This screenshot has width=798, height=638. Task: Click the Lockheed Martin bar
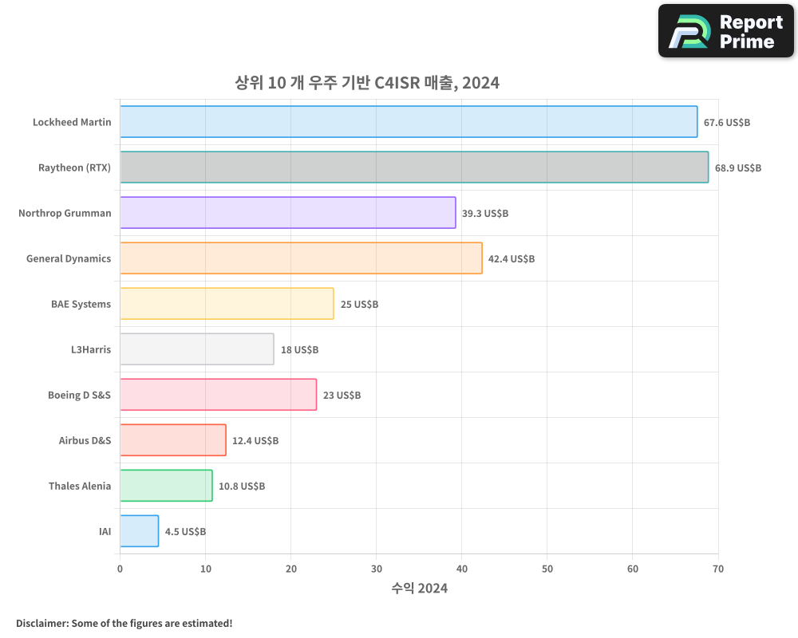(409, 122)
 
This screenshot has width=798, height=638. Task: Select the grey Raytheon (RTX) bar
(414, 167)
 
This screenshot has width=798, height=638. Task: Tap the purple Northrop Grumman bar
(288, 213)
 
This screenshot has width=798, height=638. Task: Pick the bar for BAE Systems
(227, 304)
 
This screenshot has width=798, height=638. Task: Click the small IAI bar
(140, 531)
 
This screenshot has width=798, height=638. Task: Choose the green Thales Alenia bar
(166, 486)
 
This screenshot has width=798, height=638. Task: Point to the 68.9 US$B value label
(738, 168)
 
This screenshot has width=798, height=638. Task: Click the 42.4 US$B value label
(512, 259)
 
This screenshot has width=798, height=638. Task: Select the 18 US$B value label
(299, 350)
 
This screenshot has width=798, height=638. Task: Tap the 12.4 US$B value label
(255, 441)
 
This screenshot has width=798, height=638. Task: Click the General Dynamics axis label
(69, 259)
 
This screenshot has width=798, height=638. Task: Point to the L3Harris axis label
(91, 350)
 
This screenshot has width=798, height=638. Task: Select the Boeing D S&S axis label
(79, 396)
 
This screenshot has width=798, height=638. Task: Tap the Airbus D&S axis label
(85, 441)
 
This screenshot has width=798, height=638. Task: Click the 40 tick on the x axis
(461, 569)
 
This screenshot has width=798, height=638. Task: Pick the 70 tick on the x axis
(717, 569)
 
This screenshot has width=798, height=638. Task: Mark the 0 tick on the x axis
(120, 569)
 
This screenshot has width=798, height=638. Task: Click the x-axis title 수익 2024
(419, 589)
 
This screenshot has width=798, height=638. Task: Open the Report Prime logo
(726, 31)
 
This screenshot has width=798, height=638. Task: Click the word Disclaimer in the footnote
(41, 623)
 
